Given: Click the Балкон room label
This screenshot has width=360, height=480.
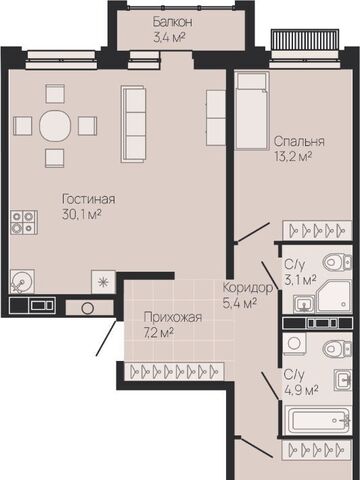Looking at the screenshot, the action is pos(172,22).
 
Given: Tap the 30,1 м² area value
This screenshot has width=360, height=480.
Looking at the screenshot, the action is pos(82,215).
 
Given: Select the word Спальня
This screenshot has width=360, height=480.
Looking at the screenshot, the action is pos(299,142).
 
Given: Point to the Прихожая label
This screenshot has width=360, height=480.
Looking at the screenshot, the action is pos(173,317).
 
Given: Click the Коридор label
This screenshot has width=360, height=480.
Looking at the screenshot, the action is pos(248,287).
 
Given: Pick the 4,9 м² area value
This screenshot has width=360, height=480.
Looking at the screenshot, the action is pos(300,390).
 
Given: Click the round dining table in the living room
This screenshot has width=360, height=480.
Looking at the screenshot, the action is pos(55,126).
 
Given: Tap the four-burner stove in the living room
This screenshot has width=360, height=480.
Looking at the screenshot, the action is pos(23,222).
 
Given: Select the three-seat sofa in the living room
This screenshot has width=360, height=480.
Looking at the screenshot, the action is pos(133,124).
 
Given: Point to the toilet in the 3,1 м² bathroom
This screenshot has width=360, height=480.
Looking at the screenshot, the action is pos(337,262).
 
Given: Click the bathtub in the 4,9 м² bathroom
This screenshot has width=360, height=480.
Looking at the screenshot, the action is pos(318,419).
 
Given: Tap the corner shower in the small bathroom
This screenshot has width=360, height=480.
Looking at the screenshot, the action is pos(334,297).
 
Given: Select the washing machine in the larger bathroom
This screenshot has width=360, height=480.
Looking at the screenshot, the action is pos(294,344).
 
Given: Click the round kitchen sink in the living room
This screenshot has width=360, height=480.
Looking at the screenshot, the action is pos(22,282).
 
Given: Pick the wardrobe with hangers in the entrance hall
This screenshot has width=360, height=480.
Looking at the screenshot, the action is pos(174,372).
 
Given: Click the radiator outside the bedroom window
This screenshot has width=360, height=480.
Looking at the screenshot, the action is pos(305,39).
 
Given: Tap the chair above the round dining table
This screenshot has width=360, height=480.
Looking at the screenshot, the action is pos(55,94).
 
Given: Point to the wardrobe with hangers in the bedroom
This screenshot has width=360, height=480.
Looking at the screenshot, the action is pos(317,230).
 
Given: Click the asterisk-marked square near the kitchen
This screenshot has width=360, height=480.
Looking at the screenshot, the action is pos(103,282).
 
